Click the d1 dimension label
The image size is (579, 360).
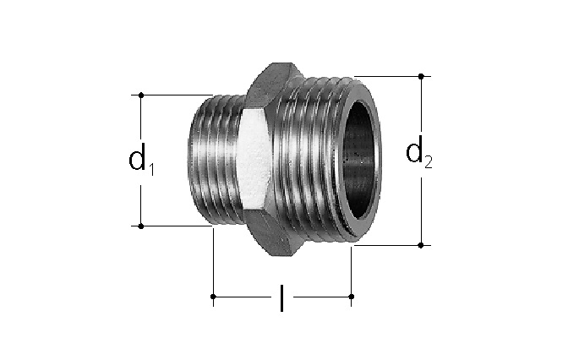coord(141,160)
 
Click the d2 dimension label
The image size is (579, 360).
coord(418,151)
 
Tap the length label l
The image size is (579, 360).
coord(281,298)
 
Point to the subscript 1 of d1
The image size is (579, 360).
coord(150,170)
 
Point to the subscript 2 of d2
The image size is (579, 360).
coord(429,162)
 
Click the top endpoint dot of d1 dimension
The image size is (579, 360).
coord(141,95)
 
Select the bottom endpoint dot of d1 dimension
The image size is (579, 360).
coord(141,226)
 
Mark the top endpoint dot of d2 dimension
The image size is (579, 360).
coord(421,76)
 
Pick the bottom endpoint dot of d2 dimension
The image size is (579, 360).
coord(421,245)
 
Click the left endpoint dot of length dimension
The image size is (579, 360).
coord(213,297)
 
